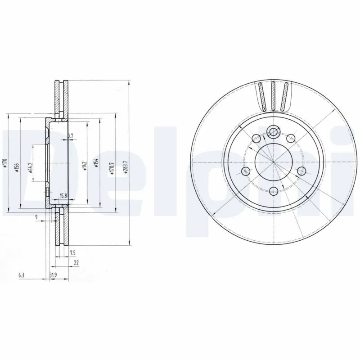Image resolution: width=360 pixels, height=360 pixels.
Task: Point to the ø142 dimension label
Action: click(x=84, y=166)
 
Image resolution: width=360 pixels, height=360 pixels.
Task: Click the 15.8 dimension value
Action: click(x=63, y=195)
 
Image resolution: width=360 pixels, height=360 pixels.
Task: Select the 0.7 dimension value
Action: click(x=70, y=135)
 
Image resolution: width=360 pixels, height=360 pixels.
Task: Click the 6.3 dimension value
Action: click(x=21, y=274)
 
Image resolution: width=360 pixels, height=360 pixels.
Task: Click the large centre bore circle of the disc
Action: click(x=272, y=161)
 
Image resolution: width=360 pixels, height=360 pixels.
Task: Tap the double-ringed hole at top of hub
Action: click(x=273, y=132)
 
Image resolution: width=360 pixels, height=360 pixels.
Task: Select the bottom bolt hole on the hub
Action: click(x=273, y=191)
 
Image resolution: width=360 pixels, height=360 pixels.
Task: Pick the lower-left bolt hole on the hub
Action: click(x=246, y=171)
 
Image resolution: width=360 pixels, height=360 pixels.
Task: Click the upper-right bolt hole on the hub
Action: click(x=291, y=139)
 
